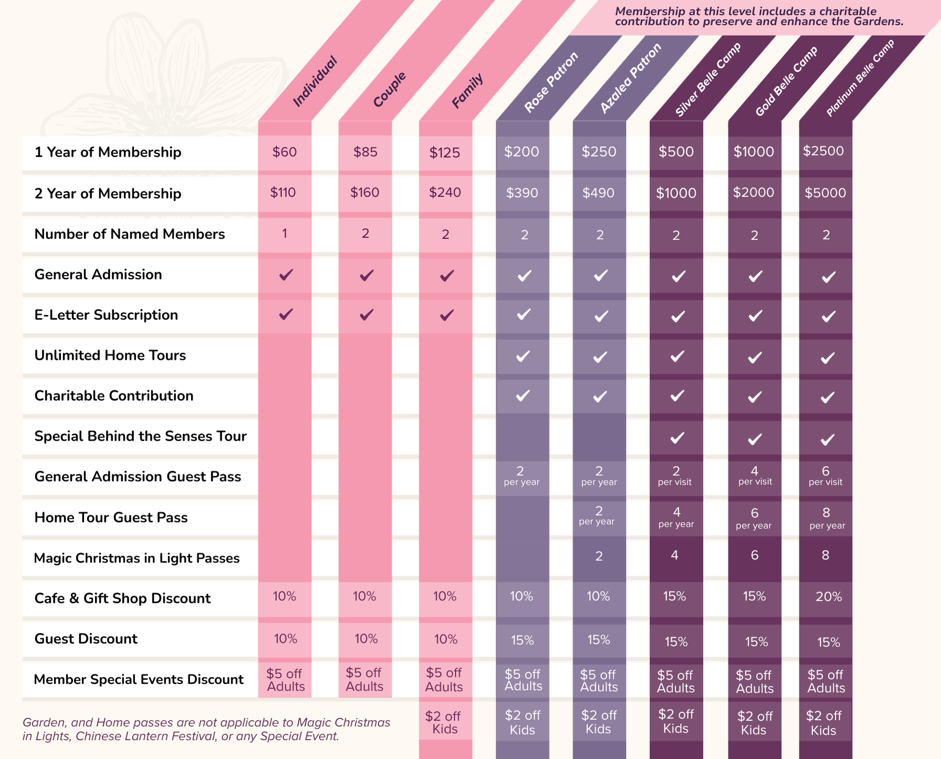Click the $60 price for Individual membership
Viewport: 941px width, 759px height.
pos(285,152)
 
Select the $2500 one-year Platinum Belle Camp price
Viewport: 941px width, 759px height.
pos(823,151)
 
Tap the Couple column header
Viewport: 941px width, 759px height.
pos(390,89)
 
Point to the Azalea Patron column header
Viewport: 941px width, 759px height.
pos(630,79)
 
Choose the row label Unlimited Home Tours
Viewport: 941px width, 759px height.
pos(110,356)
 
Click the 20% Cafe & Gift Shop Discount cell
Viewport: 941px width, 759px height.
pos(829,597)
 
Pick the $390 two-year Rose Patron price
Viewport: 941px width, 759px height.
pos(522,193)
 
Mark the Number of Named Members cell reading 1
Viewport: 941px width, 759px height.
pos(285,234)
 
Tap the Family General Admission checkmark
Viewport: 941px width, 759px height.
pos(446,275)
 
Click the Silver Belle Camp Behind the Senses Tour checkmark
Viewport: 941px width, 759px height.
pos(677,438)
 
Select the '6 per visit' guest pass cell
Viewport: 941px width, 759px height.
pos(825,476)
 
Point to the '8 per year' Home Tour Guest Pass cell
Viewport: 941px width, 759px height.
pos(827,518)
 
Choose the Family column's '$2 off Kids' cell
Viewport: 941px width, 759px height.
pos(445,722)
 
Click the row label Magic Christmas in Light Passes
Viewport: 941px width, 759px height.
pos(137,558)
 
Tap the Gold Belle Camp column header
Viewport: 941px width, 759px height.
pos(786,81)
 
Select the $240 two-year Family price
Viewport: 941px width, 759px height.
pos(445,193)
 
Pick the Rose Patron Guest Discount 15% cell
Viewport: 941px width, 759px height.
pos(522,640)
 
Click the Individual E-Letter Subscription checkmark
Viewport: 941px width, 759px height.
pos(286,315)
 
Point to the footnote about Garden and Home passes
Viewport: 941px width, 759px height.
pos(206,729)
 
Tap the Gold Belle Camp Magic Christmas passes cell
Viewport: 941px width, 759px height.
pos(755,555)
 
